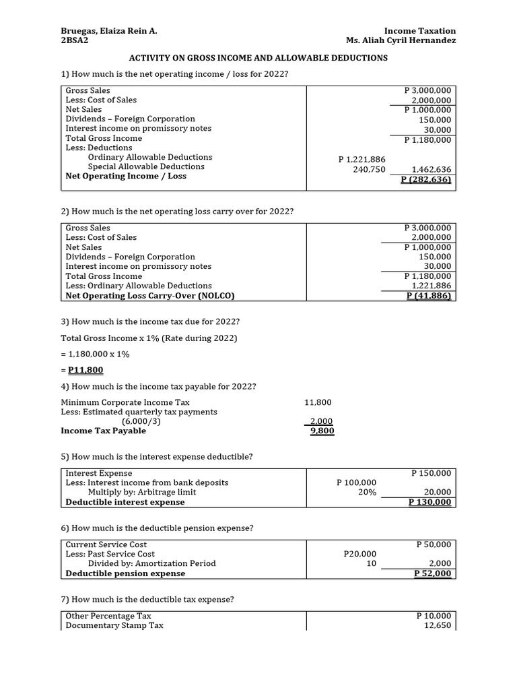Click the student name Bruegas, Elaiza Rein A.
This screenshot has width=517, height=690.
pyautogui.click(x=109, y=31)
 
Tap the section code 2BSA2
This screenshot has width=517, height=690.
pyautogui.click(x=74, y=40)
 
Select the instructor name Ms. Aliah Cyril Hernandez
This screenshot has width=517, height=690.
pyautogui.click(x=401, y=40)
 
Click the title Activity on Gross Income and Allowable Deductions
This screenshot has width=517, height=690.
pyautogui.click(x=258, y=58)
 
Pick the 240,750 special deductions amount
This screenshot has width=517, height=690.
pyautogui.click(x=369, y=169)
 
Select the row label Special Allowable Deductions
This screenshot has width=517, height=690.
pyautogui.click(x=146, y=166)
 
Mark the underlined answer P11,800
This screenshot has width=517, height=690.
pyautogui.click(x=86, y=370)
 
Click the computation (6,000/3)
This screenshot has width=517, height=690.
pyautogui.click(x=141, y=421)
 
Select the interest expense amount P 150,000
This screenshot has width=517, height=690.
pyautogui.click(x=431, y=473)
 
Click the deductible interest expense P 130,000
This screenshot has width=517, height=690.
pyautogui.click(x=430, y=502)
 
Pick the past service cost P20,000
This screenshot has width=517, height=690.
pyautogui.click(x=360, y=554)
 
